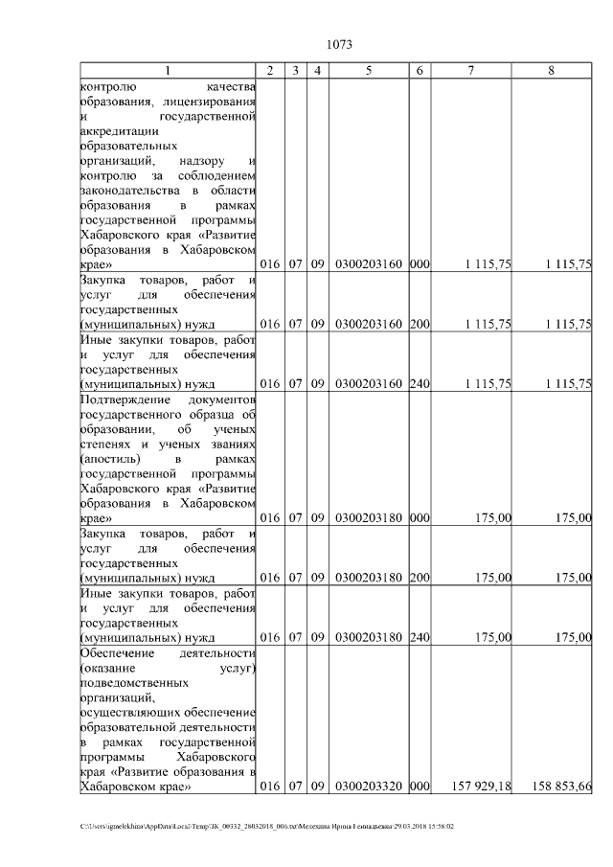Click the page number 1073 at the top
(340, 44)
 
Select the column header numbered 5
(369, 71)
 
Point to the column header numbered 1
(169, 71)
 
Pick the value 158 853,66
(561, 787)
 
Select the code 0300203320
(369, 787)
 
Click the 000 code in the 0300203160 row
(420, 264)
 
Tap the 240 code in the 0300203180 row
(420, 637)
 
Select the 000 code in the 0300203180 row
(420, 518)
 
